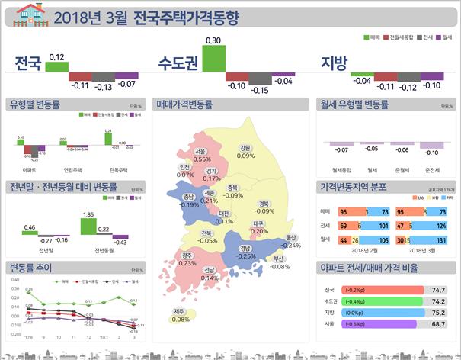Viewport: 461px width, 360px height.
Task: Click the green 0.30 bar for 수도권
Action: point(213,59)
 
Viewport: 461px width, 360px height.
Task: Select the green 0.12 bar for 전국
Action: point(56,67)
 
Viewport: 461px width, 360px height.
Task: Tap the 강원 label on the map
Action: point(245,148)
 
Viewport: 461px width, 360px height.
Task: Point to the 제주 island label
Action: point(180,311)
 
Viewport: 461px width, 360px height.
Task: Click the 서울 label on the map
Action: point(200,152)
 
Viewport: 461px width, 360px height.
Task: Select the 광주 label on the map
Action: point(188,255)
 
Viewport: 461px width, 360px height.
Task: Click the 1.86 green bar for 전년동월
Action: point(88,226)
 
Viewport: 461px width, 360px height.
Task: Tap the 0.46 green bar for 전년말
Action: point(30,235)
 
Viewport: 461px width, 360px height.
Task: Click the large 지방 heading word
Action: point(335,62)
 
